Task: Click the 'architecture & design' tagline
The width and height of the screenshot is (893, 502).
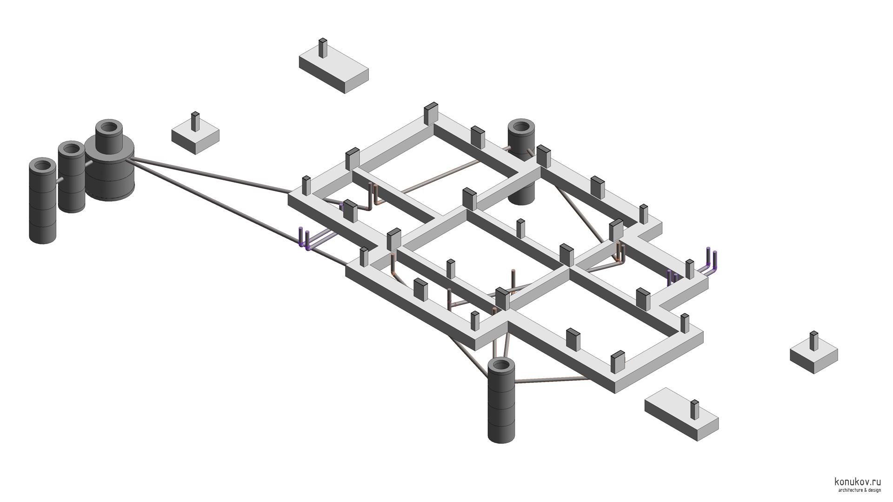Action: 859,490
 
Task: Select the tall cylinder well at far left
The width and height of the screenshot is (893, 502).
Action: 43,205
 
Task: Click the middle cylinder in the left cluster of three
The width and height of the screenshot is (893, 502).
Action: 72,181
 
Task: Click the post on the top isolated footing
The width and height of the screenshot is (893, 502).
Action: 323,48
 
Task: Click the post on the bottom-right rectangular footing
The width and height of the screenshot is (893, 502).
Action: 694,409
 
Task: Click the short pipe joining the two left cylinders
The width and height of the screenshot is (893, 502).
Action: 60,181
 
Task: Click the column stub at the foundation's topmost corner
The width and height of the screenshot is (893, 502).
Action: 431,113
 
